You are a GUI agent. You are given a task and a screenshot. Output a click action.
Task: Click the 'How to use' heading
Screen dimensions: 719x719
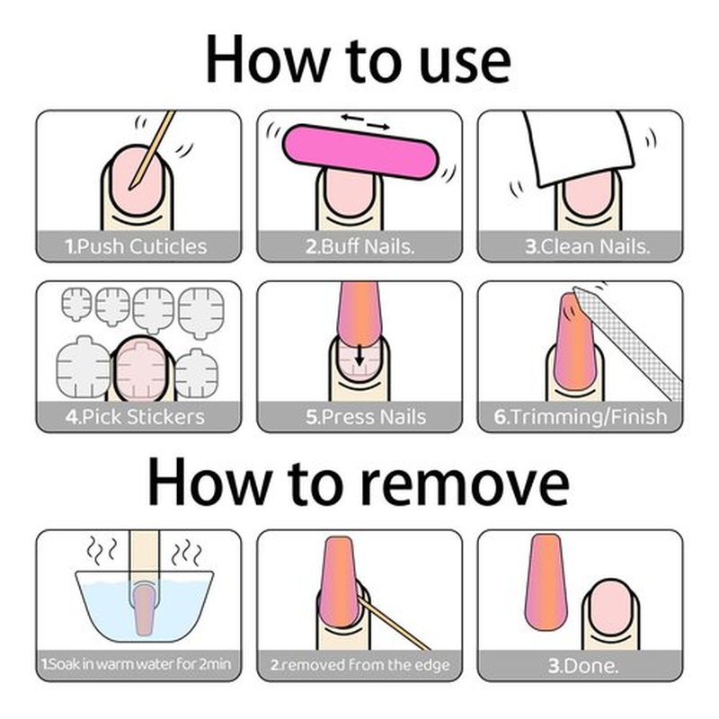coord(358,60)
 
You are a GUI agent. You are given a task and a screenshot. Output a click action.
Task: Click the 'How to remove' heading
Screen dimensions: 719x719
coord(359,481)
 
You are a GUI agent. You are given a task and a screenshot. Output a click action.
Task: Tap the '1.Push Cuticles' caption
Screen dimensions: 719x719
coord(137,246)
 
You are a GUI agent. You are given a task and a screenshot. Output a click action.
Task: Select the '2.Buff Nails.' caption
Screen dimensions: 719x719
coord(360,246)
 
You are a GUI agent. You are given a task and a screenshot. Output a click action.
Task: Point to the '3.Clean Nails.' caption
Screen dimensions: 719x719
coord(588,246)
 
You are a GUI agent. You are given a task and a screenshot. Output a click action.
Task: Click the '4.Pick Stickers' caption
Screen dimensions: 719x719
coord(135,417)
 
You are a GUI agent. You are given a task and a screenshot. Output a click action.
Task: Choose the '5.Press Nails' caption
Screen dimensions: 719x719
coord(366,417)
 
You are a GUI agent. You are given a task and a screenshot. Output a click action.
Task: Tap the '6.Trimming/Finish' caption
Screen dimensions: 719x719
coord(580,417)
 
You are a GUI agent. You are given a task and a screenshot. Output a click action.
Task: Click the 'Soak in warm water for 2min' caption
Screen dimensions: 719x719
coord(137,664)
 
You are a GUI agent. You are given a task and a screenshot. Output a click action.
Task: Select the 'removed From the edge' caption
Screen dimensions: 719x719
coord(360,664)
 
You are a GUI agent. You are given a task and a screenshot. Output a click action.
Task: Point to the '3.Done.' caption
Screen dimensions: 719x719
coord(583,665)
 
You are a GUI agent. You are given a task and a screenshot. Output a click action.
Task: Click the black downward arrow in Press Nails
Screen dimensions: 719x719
coord(360,355)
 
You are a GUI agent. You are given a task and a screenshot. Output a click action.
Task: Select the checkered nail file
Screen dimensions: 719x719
coord(628,342)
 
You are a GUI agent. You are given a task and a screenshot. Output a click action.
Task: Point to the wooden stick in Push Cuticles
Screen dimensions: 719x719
coord(152,149)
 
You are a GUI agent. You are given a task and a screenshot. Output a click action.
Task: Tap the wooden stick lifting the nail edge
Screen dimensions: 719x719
coord(393,622)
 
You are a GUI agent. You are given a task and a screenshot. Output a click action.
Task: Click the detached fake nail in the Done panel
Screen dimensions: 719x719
coord(546,581)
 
